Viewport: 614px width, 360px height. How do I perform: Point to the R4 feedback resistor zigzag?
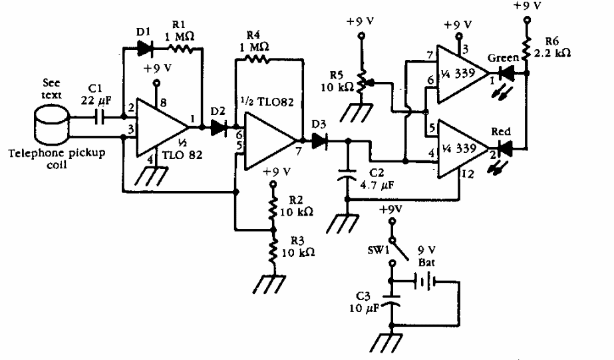[257, 60]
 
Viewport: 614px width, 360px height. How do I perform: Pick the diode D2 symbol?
[218, 127]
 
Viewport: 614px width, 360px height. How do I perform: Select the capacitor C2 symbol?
[347, 175]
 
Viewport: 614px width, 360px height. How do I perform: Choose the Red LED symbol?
[510, 148]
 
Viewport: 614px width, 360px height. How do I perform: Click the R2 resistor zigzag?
[271, 208]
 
